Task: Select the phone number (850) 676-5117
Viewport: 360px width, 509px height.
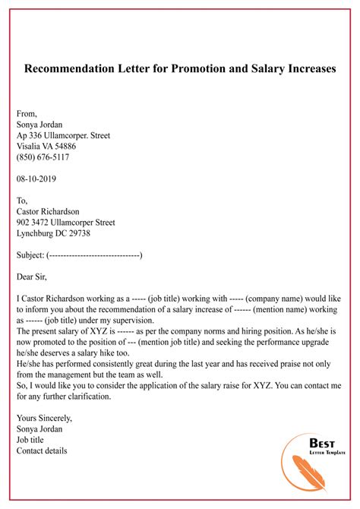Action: [x=43, y=157]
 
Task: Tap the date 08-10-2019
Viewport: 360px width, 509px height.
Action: [x=36, y=179]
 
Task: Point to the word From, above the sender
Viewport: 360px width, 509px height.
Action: [x=27, y=114]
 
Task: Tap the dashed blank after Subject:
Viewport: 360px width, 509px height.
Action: [x=94, y=255]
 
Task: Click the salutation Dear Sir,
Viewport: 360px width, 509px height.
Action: [x=34, y=277]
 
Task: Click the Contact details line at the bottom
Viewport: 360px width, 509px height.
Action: [x=42, y=451]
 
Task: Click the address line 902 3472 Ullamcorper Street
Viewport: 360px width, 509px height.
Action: [x=66, y=223]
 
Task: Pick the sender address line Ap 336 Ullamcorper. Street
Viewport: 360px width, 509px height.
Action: [x=63, y=136]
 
